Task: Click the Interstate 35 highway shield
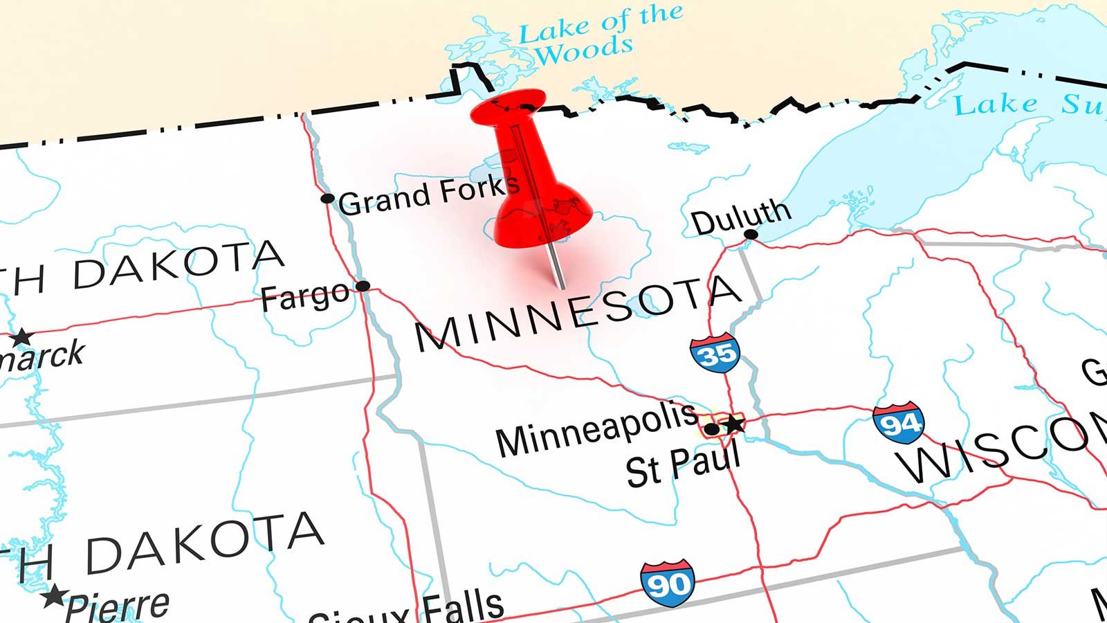(x=715, y=353)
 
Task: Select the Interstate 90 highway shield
(x=667, y=584)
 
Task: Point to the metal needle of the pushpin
(x=556, y=267)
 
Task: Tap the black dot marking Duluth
(x=751, y=235)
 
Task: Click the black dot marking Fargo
(x=363, y=286)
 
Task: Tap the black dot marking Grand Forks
(x=327, y=199)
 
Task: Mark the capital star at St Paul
(x=733, y=423)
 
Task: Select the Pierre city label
(x=118, y=606)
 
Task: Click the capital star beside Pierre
(x=54, y=595)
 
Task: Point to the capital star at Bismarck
(x=21, y=338)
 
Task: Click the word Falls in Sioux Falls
(x=462, y=606)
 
